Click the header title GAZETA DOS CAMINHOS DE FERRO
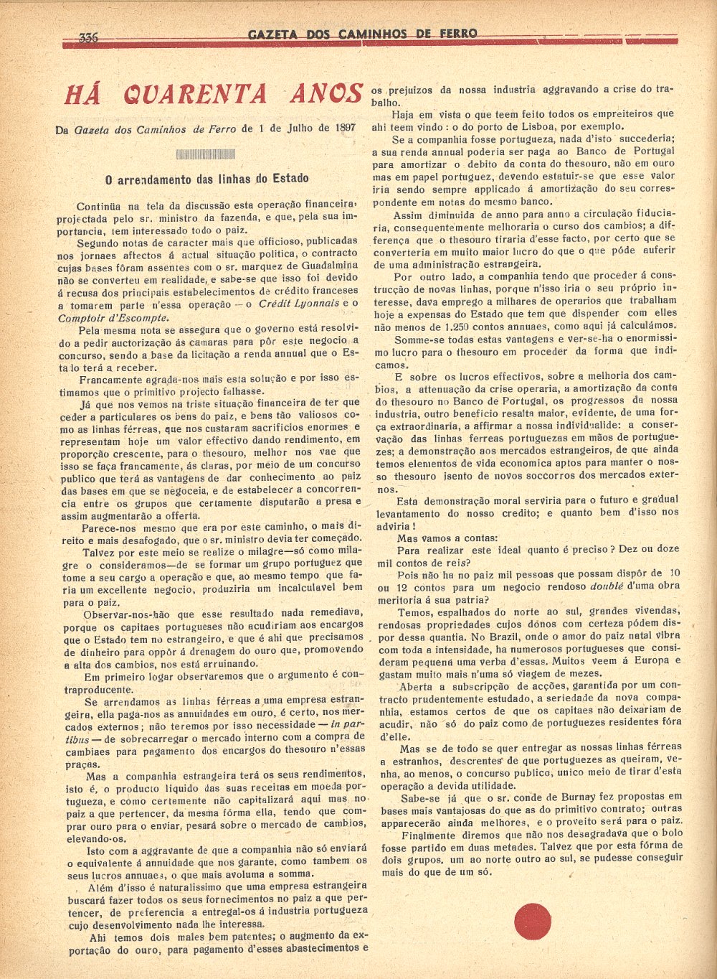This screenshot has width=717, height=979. pos(362,34)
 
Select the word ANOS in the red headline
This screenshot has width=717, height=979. pos(327,94)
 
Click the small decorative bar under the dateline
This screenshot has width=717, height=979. pos(205,154)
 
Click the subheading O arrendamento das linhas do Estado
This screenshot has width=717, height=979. pos(206,179)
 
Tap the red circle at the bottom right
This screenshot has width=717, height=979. pos(533,921)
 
